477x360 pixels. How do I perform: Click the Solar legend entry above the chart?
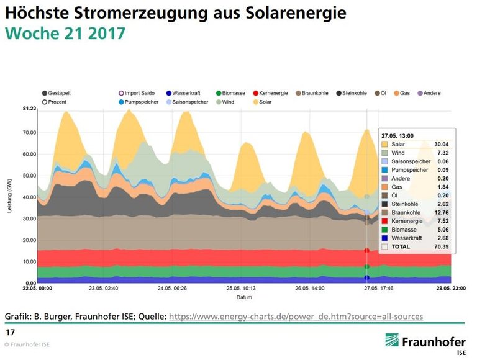tap(261, 101)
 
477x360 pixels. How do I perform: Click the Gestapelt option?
tap(60, 93)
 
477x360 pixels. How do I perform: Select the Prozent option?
tap(58, 101)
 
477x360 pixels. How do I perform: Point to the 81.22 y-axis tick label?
tap(29, 109)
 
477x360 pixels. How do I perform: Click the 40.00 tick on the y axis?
tap(29, 197)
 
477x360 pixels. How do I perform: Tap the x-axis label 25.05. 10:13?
tap(240, 289)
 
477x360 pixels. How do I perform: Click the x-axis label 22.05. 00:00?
tap(39, 289)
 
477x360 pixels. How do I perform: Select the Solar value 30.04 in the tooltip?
tap(441, 144)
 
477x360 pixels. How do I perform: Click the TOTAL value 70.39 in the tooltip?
tap(441, 246)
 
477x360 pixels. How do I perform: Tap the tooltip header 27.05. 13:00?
tap(398, 135)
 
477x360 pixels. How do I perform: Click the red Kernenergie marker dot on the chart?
tap(367, 251)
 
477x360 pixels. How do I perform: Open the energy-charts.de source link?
tap(296, 317)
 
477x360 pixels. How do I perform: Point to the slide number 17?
tap(10, 333)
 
